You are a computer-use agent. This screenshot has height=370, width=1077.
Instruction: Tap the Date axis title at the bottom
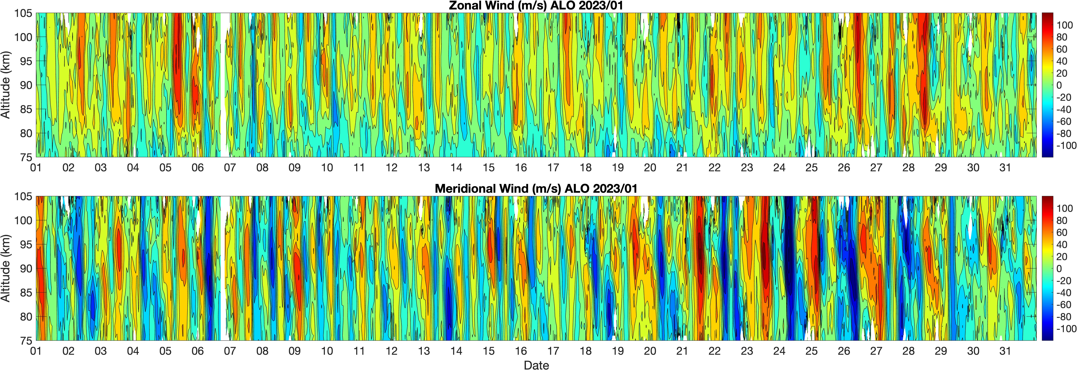coord(536,365)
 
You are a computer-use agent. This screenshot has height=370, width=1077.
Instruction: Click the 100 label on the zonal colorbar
coord(1064,25)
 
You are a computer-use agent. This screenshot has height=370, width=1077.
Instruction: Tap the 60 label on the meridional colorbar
coord(1062,232)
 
